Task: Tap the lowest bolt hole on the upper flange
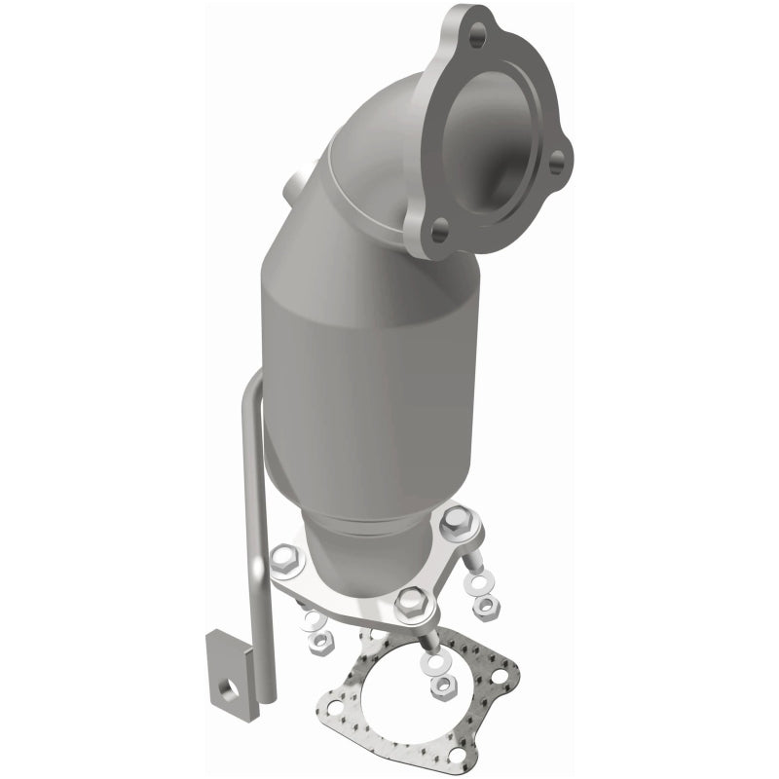(439, 231)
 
